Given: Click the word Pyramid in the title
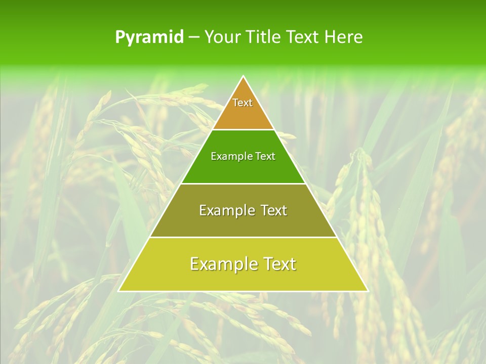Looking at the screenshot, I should [149, 37].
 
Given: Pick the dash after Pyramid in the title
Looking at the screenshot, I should [194, 37].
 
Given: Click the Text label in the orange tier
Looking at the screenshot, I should [242, 103].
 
